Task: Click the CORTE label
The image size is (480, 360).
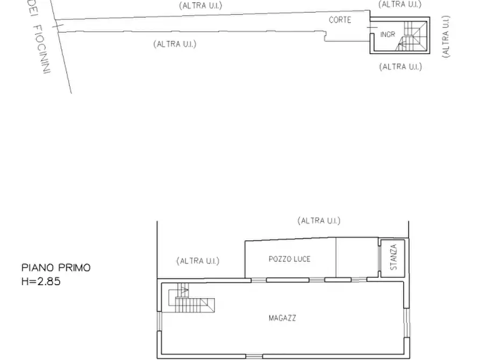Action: [x=340, y=20]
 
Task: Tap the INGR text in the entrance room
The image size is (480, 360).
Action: [x=388, y=34]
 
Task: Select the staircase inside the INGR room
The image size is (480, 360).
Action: [x=413, y=35]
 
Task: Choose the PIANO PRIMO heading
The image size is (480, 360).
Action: [x=56, y=268]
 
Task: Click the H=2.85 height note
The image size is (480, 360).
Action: [x=41, y=280]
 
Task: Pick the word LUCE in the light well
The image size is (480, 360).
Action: [x=302, y=259]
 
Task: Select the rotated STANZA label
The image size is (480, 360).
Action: [x=393, y=257]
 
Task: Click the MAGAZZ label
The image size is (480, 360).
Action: [x=282, y=318]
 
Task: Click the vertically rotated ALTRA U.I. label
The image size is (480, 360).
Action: [x=446, y=36]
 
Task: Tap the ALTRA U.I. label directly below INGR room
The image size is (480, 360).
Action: [x=400, y=67]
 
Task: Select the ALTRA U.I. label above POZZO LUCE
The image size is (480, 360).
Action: [x=319, y=220]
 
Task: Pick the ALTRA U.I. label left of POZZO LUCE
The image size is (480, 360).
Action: [x=198, y=261]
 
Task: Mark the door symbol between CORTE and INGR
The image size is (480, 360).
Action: [x=371, y=27]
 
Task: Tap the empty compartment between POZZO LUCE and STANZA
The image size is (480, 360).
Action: [x=356, y=258]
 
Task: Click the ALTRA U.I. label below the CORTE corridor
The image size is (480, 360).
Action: [x=175, y=44]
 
